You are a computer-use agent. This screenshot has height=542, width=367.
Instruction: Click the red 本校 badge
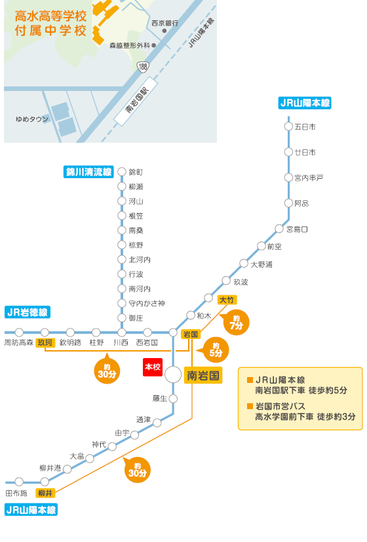click(x=153, y=367)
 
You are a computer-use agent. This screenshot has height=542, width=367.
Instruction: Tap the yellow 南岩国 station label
click(x=203, y=375)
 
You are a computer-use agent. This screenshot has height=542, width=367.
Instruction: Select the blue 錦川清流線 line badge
click(x=88, y=172)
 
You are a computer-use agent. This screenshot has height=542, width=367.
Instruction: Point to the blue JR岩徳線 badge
click(x=28, y=312)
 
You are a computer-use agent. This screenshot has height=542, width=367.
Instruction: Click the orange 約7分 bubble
click(x=235, y=323)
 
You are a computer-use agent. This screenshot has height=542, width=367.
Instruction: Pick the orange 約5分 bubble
click(x=215, y=350)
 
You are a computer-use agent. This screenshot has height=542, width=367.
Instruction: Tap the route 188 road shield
click(x=142, y=66)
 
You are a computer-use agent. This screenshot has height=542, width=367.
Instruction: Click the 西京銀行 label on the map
click(x=164, y=23)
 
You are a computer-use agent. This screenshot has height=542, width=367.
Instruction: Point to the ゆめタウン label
click(x=32, y=119)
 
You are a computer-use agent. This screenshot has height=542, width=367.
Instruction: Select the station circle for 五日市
click(x=288, y=126)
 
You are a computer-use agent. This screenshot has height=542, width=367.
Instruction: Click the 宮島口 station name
click(x=297, y=229)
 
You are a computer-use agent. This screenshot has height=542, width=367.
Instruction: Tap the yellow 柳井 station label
click(x=45, y=494)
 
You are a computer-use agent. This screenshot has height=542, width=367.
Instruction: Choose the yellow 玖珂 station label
click(x=45, y=342)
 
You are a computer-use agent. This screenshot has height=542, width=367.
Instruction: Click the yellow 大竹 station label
click(x=227, y=300)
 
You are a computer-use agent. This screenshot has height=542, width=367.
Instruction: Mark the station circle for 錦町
click(x=121, y=172)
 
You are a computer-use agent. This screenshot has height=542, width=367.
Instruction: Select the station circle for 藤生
click(x=173, y=399)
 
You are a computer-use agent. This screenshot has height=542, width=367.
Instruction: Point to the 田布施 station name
click(x=16, y=494)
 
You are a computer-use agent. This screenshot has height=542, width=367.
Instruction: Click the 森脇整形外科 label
click(x=130, y=45)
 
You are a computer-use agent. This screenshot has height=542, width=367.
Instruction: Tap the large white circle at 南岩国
click(x=173, y=374)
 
